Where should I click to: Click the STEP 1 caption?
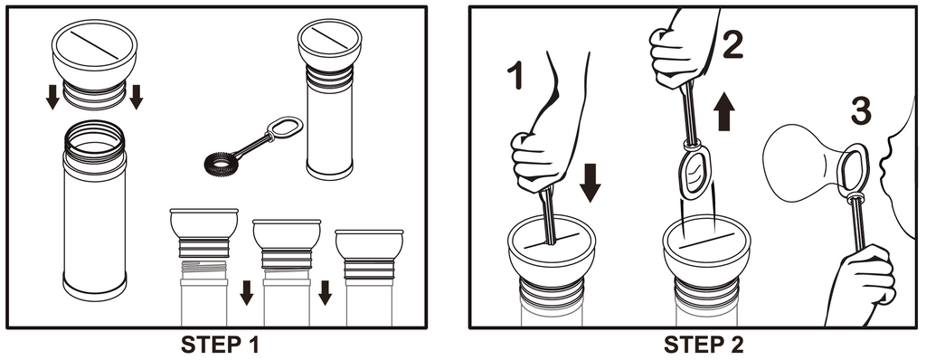pyautogui.click(x=219, y=345)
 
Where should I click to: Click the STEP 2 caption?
pyautogui.click(x=704, y=345)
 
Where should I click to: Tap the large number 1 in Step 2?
pyautogui.click(x=515, y=76)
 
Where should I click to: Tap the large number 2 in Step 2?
pyautogui.click(x=732, y=44)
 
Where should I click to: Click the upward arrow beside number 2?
pyautogui.click(x=724, y=112)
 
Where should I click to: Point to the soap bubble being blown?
pyautogui.click(x=801, y=156)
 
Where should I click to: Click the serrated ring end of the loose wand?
pyautogui.click(x=222, y=163)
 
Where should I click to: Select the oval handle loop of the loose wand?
pyautogui.click(x=285, y=128)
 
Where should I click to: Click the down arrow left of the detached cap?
pyautogui.click(x=52, y=97)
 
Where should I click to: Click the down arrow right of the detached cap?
pyautogui.click(x=137, y=97)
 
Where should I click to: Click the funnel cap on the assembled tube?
pyautogui.click(x=329, y=44)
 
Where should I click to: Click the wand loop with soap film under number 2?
pyautogui.click(x=695, y=172)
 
